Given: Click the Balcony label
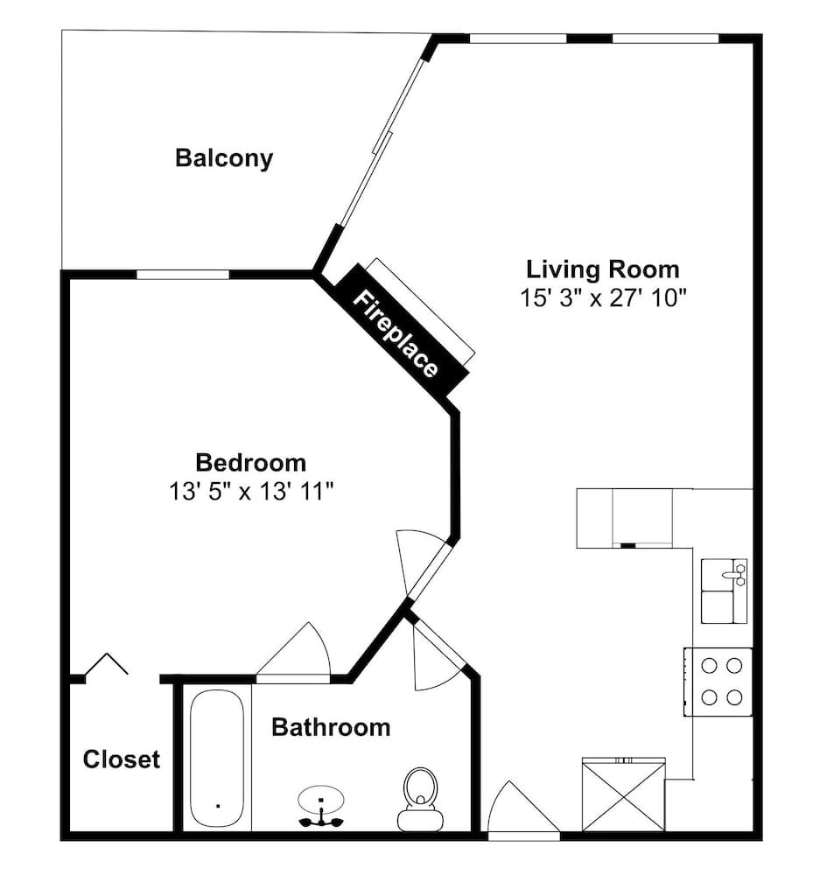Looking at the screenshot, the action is (x=224, y=157).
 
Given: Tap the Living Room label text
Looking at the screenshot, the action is (x=603, y=269).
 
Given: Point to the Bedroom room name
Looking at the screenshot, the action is (x=250, y=463).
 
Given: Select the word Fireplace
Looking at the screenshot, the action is (x=396, y=333).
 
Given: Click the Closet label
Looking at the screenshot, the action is (x=121, y=759).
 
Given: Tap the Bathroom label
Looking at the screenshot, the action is (x=331, y=727).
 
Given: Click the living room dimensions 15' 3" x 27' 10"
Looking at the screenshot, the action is (x=603, y=297).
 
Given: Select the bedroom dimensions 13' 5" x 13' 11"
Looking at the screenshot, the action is (x=251, y=492).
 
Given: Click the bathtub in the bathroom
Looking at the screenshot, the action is (x=216, y=759).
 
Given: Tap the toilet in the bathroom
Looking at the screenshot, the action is (x=420, y=799).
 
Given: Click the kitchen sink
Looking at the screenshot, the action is (x=724, y=591).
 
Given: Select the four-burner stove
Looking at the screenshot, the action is (x=718, y=682).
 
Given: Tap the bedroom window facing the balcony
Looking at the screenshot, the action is (x=182, y=274).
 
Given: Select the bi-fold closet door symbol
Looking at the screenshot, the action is (x=106, y=663).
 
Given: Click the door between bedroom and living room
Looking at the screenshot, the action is (x=424, y=564).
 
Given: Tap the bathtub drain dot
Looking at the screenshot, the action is (x=218, y=805).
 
